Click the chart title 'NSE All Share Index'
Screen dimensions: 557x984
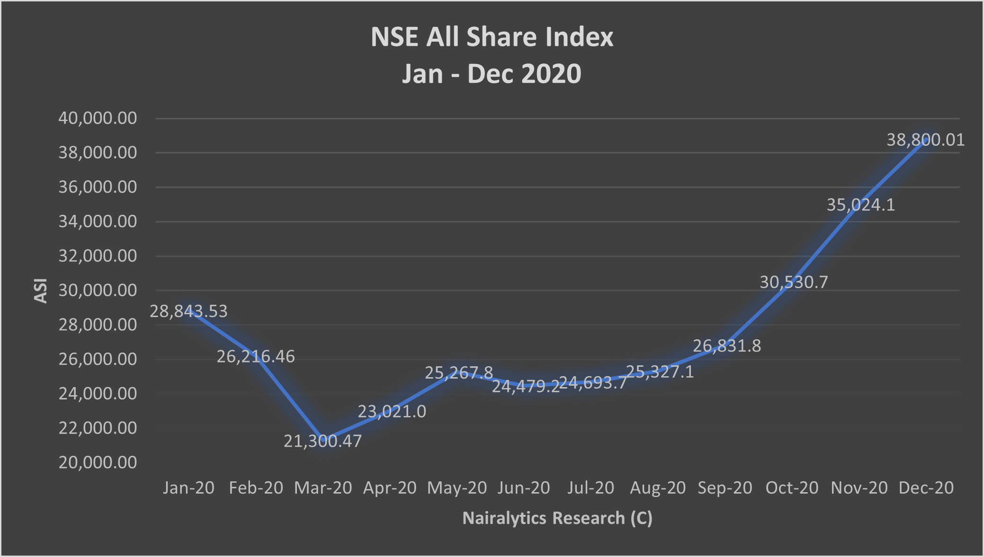492,37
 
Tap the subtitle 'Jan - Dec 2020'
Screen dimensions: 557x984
492,74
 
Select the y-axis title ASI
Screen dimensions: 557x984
41,291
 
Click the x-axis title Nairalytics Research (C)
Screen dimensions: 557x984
557,518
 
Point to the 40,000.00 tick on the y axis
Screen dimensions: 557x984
98,118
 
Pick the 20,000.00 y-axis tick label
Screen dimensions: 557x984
98,462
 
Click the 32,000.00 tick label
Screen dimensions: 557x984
98,256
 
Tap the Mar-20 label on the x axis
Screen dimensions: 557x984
323,488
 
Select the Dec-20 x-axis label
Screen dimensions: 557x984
926,488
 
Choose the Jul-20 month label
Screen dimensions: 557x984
590,488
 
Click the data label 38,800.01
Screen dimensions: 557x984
925,140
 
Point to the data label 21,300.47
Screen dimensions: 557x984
322,441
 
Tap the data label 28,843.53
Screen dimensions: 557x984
188,311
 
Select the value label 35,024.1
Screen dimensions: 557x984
860,205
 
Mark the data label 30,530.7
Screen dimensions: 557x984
794,282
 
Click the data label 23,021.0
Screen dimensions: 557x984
392,412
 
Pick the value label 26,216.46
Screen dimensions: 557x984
256,356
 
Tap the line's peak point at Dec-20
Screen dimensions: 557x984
926,139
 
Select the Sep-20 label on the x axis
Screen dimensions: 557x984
725,488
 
